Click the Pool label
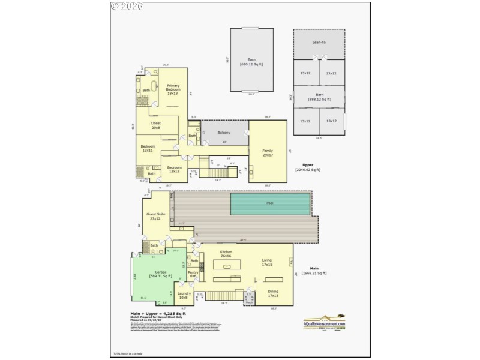click(270, 203)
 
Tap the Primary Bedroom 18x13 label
click(173, 90)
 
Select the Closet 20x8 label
click(155, 125)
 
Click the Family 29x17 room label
click(268, 153)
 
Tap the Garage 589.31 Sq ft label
click(161, 274)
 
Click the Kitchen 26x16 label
click(226, 254)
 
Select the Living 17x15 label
click(266, 262)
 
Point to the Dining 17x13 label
click(273, 293)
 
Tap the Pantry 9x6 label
click(193, 274)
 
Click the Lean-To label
click(319, 43)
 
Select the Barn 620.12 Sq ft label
click(251, 62)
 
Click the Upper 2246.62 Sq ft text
click(308, 167)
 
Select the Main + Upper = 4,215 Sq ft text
click(158, 314)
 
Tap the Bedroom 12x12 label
click(174, 169)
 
